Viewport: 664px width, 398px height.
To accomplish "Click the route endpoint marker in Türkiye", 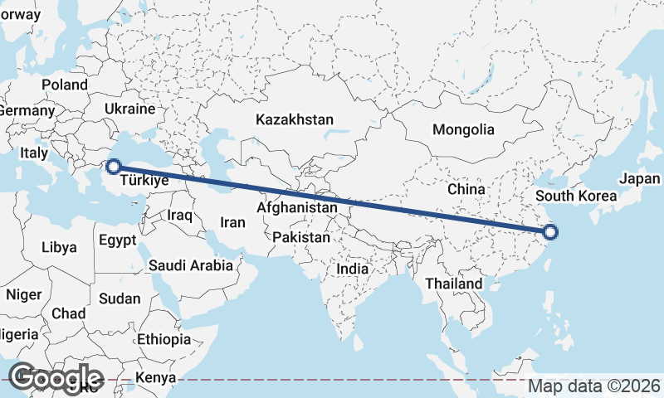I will coord(114,167).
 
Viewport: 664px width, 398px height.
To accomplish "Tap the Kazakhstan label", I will coord(295,119).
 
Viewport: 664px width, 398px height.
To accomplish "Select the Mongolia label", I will coord(463,129).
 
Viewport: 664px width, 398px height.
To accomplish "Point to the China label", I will coord(466,189).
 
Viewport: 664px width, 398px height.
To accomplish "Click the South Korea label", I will coord(576,196).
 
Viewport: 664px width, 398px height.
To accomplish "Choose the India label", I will coord(352,269).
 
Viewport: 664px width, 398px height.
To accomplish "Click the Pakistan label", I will coord(301,237).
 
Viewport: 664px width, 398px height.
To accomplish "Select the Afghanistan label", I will coord(297,207).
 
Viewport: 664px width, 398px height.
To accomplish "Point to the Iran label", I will coord(232,222).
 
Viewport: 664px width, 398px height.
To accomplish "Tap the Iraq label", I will coord(180,215).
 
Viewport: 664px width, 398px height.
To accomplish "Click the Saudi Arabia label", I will coord(191,266).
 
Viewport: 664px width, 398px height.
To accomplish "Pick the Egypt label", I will coord(116,240).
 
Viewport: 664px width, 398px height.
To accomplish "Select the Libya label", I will coord(59,247).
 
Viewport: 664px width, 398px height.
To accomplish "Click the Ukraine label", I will coord(130,109).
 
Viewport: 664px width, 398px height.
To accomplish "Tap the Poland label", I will coord(65,85).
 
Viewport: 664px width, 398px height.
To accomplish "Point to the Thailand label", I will coord(453,284).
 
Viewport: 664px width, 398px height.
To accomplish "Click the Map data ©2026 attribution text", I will coord(594,386).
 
